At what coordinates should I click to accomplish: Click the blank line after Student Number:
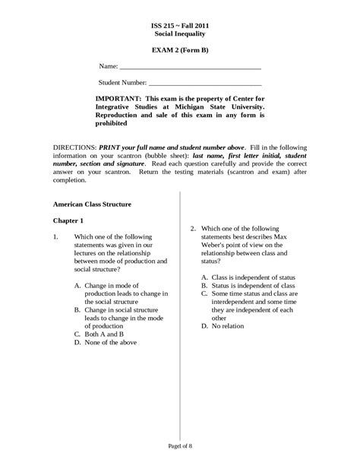tap(205, 83)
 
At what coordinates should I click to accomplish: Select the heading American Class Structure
tap(92, 204)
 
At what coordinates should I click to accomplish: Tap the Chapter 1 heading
tap(68, 220)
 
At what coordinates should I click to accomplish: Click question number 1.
tap(56, 236)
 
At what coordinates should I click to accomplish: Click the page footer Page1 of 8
tap(180, 445)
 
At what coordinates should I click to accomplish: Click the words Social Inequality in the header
tap(180, 34)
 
